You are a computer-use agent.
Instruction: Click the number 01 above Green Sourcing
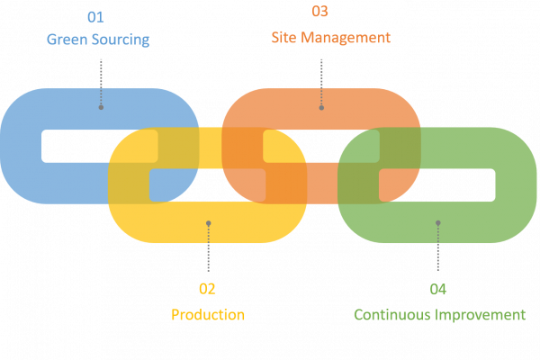point(94,18)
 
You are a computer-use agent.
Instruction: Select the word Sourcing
point(118,40)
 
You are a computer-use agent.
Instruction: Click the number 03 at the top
point(319,12)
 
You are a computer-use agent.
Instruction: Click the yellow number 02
point(207,289)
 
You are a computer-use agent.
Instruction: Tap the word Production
point(208,314)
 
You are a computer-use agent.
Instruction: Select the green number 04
point(438,289)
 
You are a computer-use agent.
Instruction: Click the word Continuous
point(391,314)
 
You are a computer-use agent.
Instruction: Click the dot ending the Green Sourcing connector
point(101,107)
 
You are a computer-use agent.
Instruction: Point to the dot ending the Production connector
point(208,222)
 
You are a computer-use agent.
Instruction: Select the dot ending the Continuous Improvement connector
point(438,222)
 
